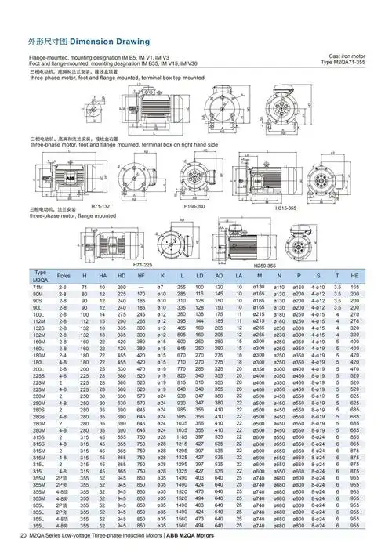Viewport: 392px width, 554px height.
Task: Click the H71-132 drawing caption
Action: point(103,205)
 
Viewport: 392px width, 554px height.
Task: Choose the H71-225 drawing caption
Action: point(142,266)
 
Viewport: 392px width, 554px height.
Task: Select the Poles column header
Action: point(64,276)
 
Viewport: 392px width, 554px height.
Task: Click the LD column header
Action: point(200,276)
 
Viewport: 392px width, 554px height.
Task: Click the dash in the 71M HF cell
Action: point(141,288)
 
